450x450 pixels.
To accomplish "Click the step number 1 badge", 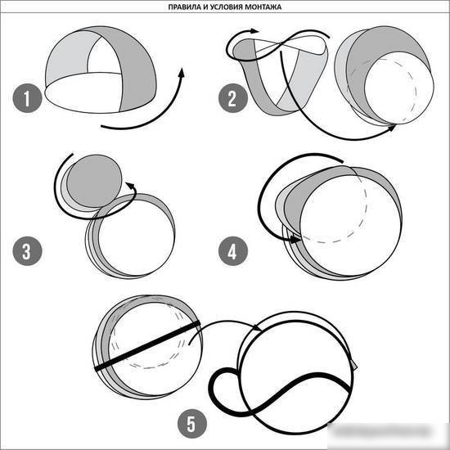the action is [27, 98].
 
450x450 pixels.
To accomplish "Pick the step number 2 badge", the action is [232, 98].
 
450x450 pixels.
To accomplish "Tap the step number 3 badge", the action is [27, 251].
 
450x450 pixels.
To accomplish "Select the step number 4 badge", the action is [232, 251].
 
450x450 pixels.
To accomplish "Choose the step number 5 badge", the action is [192, 424].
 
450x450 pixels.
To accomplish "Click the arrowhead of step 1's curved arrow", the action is [181, 72].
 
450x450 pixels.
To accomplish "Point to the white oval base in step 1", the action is [83, 92].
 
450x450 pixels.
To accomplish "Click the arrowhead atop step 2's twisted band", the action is [254, 31].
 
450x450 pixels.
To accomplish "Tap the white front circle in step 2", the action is [399, 88].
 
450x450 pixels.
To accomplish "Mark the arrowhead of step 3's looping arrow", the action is [131, 186].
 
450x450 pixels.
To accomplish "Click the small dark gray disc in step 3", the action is [94, 181].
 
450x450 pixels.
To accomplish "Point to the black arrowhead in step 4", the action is [295, 239].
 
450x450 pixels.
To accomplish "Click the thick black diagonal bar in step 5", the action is [147, 346].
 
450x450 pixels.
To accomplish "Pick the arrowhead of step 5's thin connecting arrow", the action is [257, 327].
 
